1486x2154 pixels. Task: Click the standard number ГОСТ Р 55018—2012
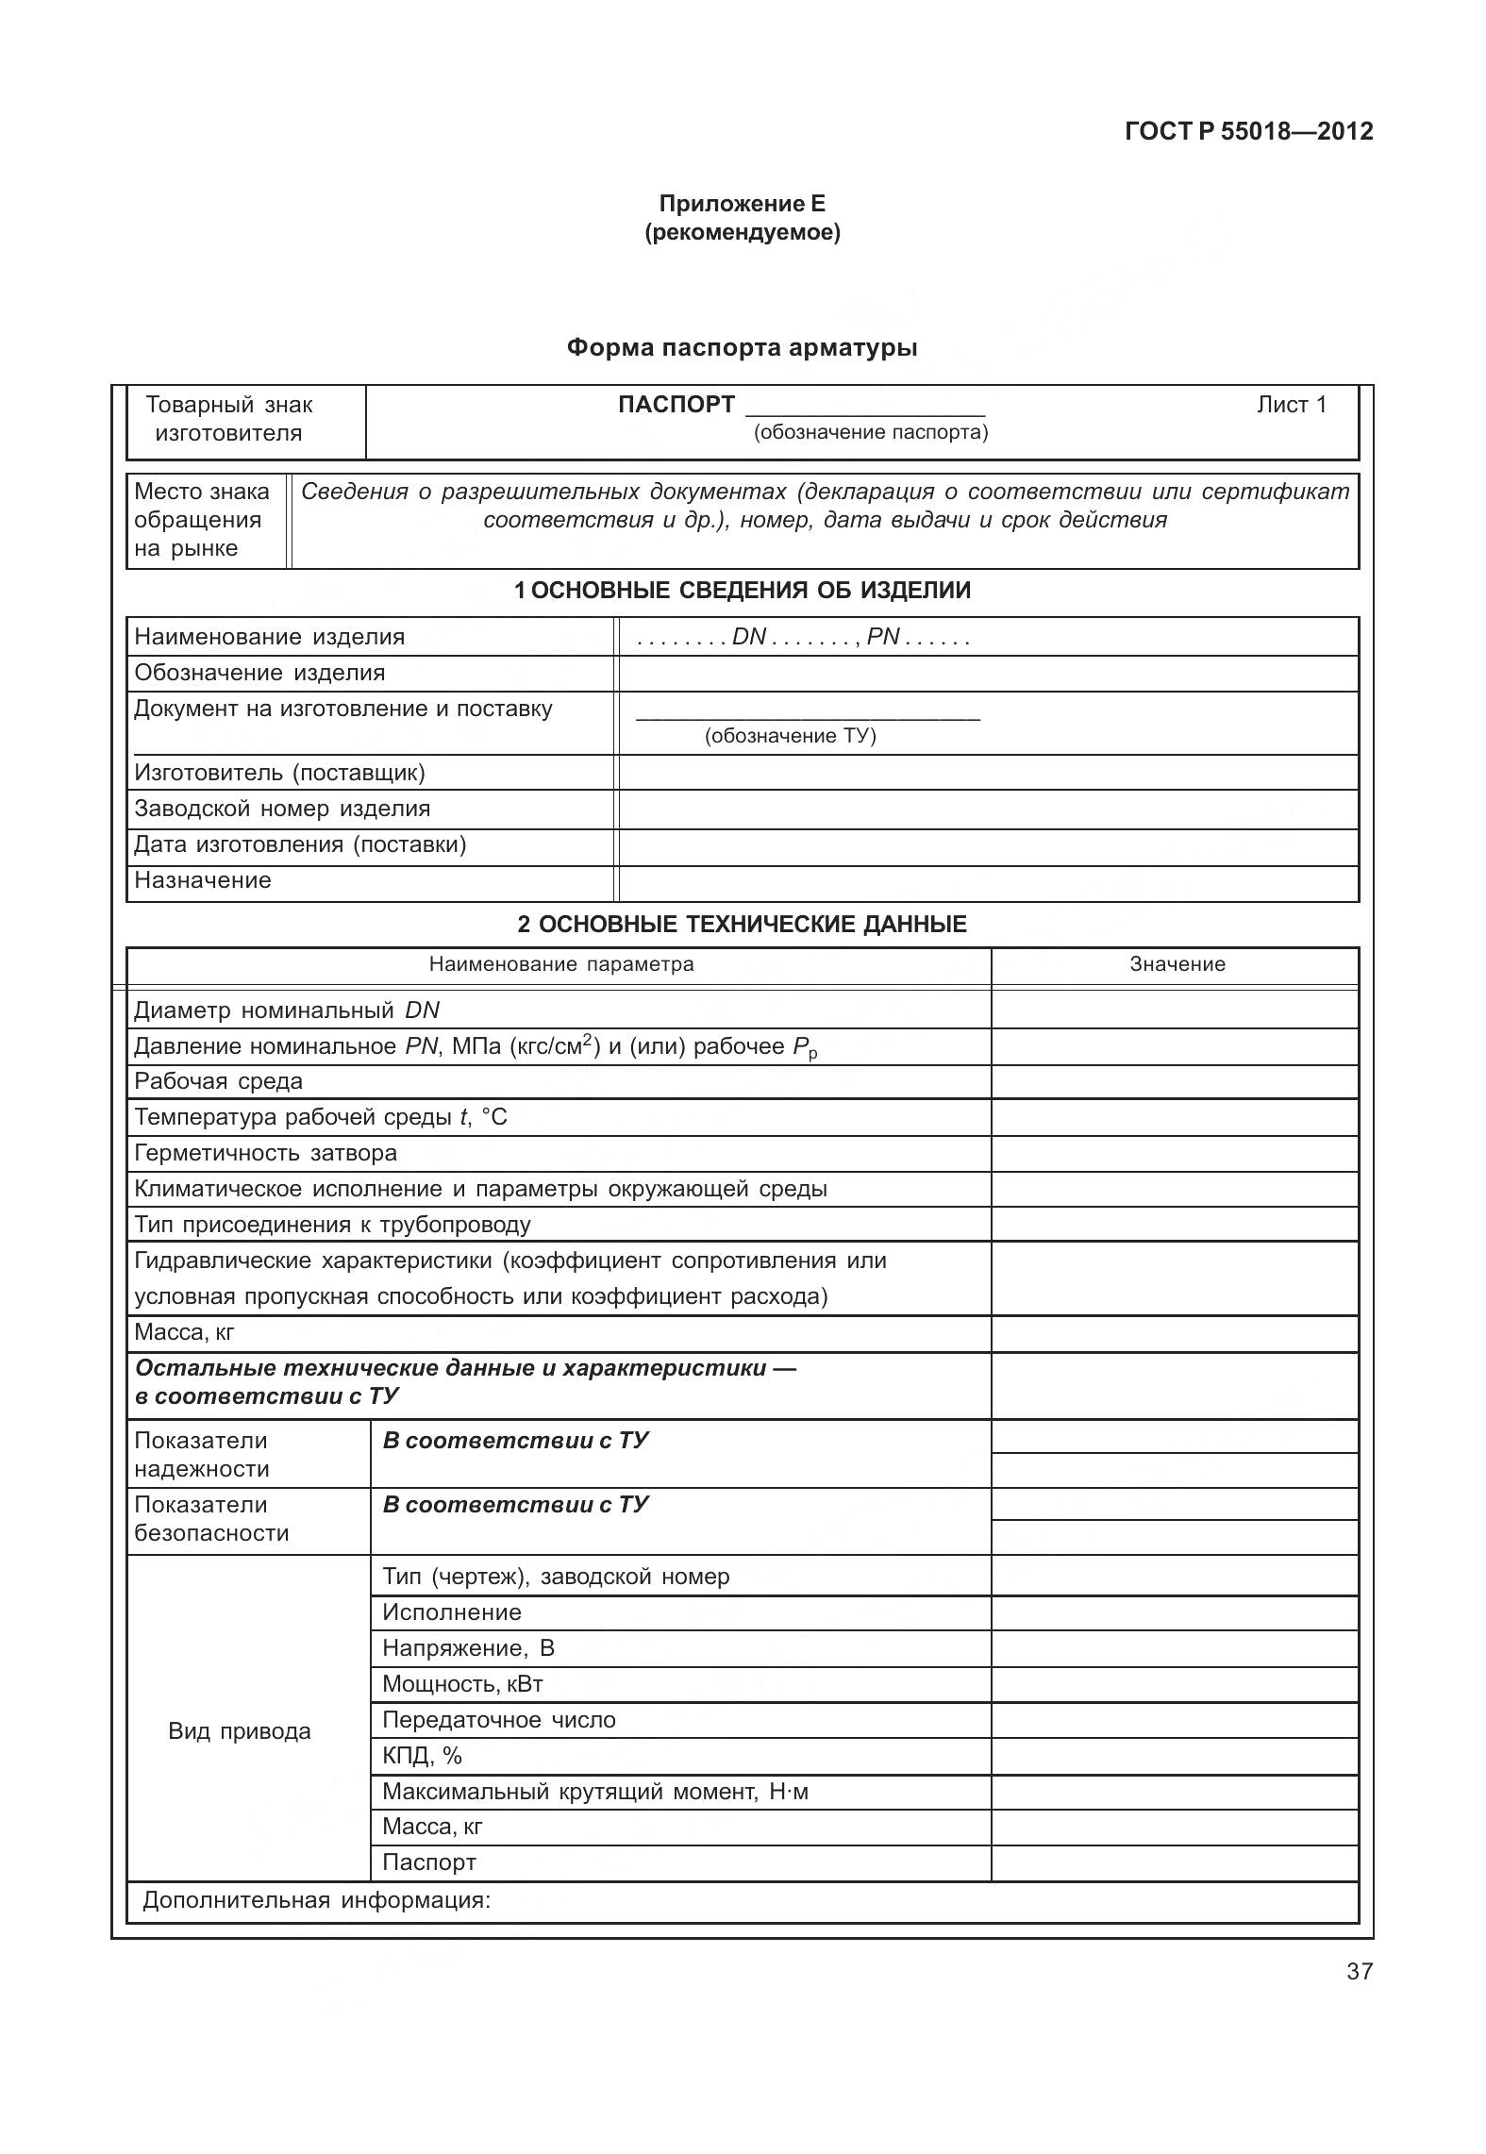tap(1248, 131)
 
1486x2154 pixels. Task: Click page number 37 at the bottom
tap(1359, 1971)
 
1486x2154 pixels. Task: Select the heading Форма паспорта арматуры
tap(742, 348)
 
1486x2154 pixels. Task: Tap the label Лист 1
tap(1291, 405)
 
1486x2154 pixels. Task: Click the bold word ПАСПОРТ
tap(676, 405)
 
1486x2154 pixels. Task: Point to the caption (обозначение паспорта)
tap(870, 433)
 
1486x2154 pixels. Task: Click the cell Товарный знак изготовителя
tap(229, 419)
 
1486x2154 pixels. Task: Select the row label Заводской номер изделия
tap(282, 809)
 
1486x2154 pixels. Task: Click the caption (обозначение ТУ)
tap(790, 736)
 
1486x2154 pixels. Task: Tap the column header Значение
tap(1177, 964)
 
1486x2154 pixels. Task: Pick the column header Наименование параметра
tap(561, 964)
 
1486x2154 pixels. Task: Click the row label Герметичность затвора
tap(265, 1153)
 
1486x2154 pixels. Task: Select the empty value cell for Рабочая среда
tap(1174, 1081)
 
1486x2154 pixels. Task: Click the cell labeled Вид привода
tap(240, 1731)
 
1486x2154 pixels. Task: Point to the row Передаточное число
tap(498, 1720)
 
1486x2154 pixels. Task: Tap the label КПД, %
tap(422, 1756)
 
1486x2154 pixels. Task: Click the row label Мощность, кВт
tap(462, 1684)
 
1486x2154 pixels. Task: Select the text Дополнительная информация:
tap(317, 1900)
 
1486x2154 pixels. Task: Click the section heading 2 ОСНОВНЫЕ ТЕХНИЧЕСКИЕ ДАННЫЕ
tap(742, 924)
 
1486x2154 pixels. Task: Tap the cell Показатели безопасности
tap(212, 1519)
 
